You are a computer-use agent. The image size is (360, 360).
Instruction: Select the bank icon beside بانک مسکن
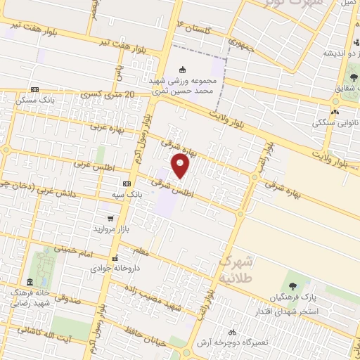click(x=34, y=89)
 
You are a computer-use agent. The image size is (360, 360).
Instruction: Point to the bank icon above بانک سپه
click(x=127, y=183)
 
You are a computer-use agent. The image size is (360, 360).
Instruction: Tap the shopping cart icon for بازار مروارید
click(x=110, y=218)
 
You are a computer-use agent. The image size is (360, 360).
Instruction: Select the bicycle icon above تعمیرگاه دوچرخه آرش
click(x=231, y=331)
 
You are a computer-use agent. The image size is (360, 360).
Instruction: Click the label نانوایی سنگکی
click(x=334, y=122)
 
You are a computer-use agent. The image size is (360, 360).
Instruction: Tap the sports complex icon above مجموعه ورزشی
click(x=183, y=70)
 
